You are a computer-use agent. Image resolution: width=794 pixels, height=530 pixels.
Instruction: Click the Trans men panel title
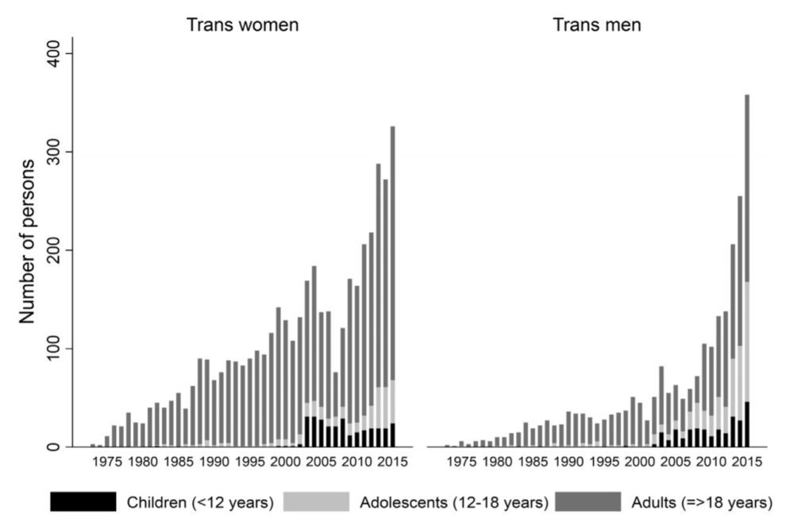(x=597, y=25)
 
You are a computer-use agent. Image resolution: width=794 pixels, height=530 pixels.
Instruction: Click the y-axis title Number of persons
(x=28, y=241)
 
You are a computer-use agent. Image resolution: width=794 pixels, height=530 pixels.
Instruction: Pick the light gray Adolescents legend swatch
(x=316, y=501)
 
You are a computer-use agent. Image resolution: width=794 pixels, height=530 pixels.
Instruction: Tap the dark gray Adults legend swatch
(x=587, y=501)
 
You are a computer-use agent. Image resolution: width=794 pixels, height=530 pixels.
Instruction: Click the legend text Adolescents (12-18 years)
(x=453, y=502)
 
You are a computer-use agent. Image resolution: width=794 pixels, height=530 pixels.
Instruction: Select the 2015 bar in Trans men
(x=747, y=270)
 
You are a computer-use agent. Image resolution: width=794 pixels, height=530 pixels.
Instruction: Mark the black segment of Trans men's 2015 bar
(x=747, y=424)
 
